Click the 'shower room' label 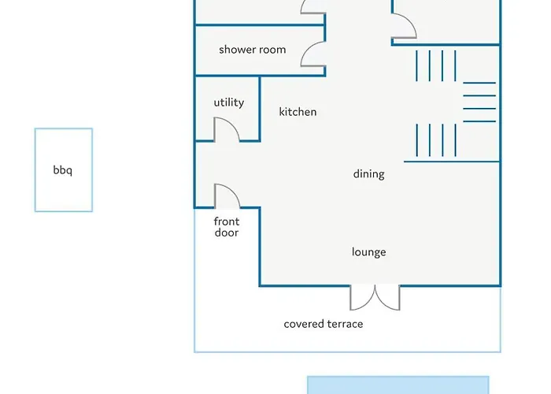pyautogui.click(x=253, y=50)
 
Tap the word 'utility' pyautogui.click(x=229, y=102)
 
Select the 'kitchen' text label pyautogui.click(x=298, y=112)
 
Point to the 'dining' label pyautogui.click(x=368, y=174)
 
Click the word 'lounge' pyautogui.click(x=368, y=252)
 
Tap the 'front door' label pyautogui.click(x=227, y=227)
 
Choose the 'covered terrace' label pyautogui.click(x=324, y=324)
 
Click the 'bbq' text pyautogui.click(x=62, y=170)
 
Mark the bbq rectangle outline pyautogui.click(x=64, y=128)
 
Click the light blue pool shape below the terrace pyautogui.click(x=398, y=385)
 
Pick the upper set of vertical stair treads pyautogui.click(x=436, y=65)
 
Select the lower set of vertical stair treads pyautogui.click(x=436, y=140)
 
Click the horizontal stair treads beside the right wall pyautogui.click(x=479, y=102)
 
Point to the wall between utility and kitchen pyautogui.click(x=260, y=109)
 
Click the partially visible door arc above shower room pyautogui.click(x=312, y=7)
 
